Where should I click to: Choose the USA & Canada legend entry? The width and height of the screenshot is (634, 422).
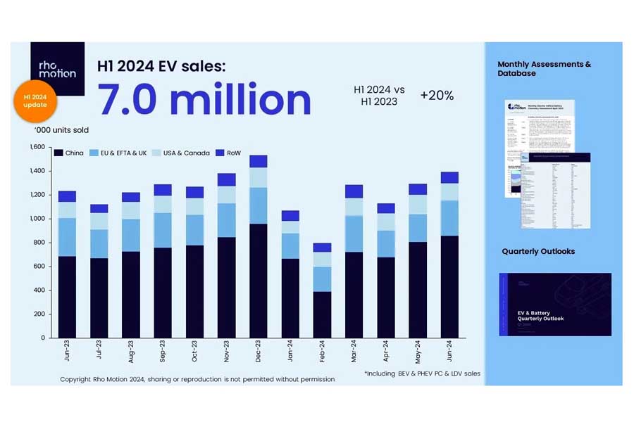182,153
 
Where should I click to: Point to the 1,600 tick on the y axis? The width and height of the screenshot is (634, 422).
37,147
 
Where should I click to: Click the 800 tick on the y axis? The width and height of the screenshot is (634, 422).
39,243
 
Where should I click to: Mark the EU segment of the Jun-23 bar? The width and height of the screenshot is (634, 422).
67,237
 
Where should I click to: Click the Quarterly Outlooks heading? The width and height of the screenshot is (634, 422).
538,251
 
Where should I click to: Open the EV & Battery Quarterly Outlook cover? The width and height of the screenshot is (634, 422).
554,304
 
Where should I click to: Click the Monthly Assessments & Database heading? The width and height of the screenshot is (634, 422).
544,68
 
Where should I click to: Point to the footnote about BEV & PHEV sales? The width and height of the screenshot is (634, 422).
422,373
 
